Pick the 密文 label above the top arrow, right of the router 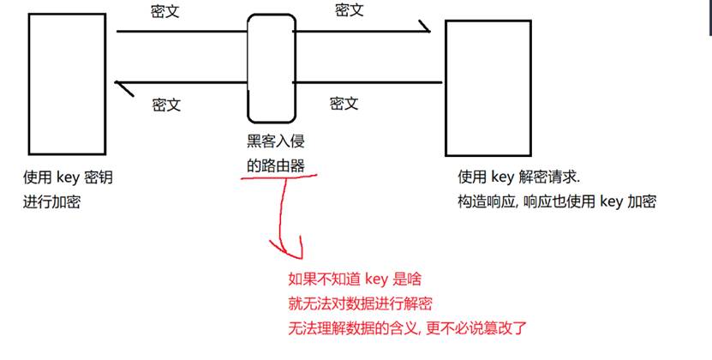349,11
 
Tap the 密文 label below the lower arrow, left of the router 166,105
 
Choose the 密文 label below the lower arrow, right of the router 344,104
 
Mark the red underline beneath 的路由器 274,177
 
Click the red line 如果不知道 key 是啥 354,279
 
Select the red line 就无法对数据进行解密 360,303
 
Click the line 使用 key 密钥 69,178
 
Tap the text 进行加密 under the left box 52,202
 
